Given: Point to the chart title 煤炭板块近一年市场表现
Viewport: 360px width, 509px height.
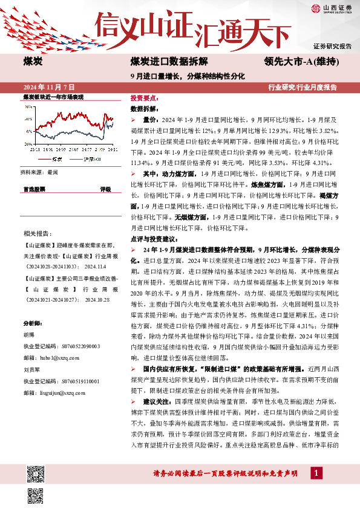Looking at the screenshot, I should click(x=53, y=97).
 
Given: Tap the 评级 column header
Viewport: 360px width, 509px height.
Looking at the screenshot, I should click(x=105, y=189).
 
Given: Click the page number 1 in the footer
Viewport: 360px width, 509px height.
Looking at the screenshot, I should click(x=315, y=472).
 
